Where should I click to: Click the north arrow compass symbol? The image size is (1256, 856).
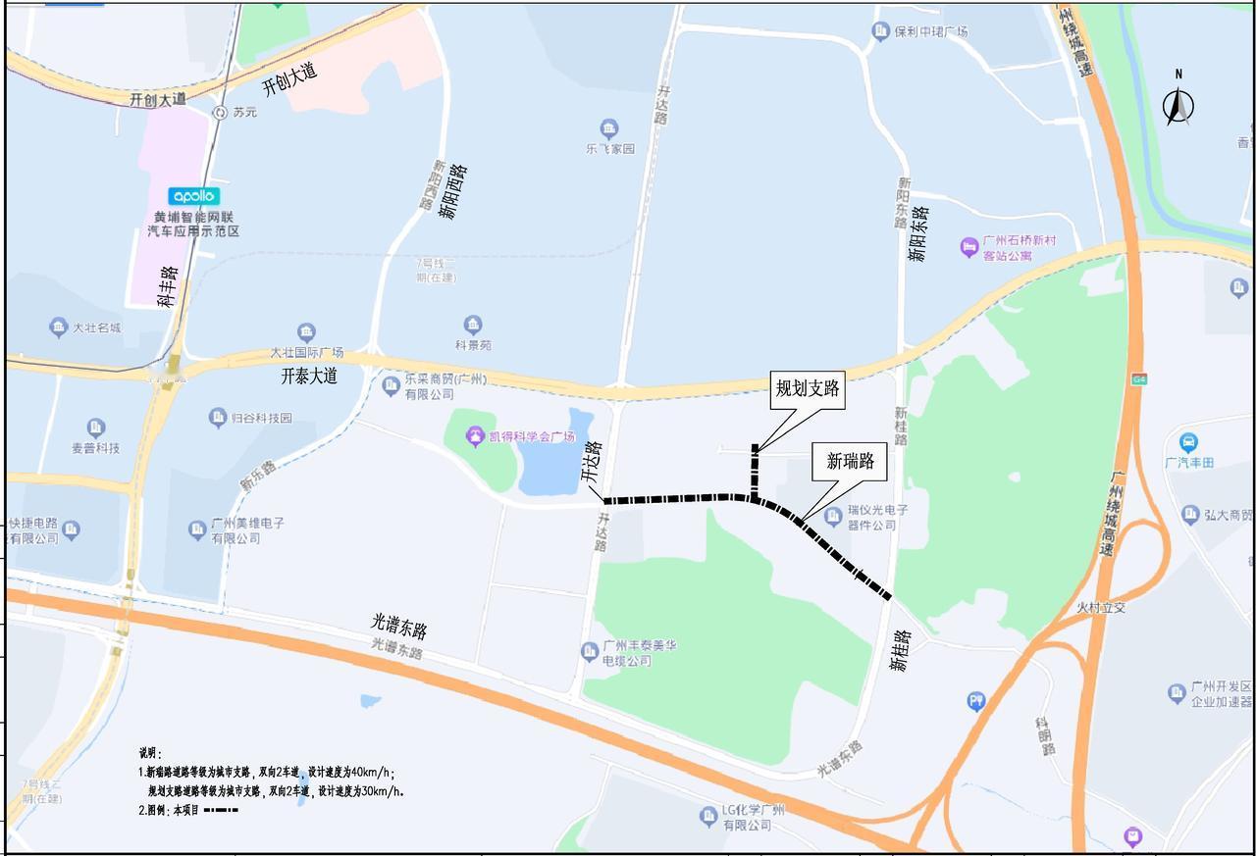click(x=1178, y=103)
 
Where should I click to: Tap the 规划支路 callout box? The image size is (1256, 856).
click(x=808, y=389)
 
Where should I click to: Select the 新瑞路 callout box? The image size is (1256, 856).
click(x=850, y=461)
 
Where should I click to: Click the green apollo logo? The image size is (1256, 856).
click(x=194, y=196)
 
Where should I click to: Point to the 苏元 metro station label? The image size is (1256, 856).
click(x=244, y=113)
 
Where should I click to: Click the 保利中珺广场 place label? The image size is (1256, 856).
click(x=930, y=32)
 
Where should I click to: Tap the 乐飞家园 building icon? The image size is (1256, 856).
click(x=609, y=129)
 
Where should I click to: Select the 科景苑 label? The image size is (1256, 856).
click(x=473, y=345)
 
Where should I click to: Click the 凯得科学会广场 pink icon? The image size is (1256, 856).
click(x=476, y=436)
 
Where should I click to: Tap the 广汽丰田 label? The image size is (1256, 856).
click(x=1188, y=462)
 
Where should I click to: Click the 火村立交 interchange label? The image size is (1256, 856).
click(x=1101, y=608)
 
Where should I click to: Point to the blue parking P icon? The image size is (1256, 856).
click(x=975, y=700)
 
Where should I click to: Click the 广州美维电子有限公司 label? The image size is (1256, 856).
click(x=248, y=530)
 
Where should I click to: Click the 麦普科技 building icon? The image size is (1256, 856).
click(x=95, y=428)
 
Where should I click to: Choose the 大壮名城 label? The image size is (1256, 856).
click(x=96, y=328)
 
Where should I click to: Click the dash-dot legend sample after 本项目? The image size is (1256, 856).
click(x=221, y=810)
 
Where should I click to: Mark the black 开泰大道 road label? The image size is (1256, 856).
click(x=309, y=376)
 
